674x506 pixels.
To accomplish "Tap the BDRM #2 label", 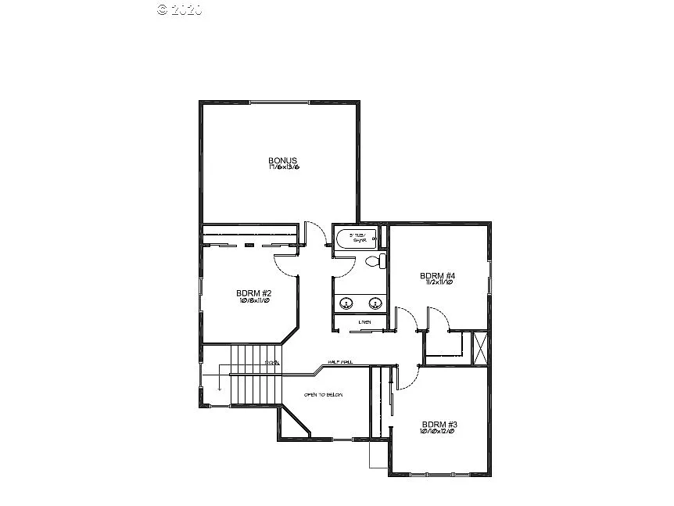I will (x=253, y=293).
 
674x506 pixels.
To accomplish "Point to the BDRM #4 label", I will (x=437, y=275).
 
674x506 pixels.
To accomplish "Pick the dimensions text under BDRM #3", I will (x=437, y=431).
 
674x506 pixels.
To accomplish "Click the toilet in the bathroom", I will (x=381, y=260).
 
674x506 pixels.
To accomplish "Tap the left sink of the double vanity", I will (x=347, y=302).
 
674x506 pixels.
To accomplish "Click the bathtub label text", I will (x=357, y=237).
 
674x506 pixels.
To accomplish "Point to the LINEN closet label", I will (x=364, y=322).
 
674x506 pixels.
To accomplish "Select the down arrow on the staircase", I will (x=220, y=385).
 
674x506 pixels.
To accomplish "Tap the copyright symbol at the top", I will (x=163, y=9).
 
